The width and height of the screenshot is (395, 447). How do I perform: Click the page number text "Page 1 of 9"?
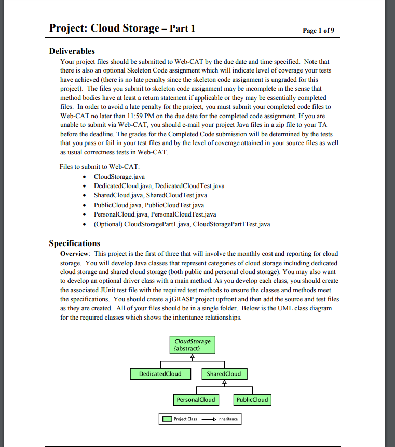point(318,31)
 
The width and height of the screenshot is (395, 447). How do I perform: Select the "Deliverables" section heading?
point(72,51)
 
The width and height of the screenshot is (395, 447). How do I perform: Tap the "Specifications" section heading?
point(74,243)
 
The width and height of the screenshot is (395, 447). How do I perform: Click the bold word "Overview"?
point(75,254)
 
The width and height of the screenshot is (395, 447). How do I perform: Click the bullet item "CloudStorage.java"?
point(119,177)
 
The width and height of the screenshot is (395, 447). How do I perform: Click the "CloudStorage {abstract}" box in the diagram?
point(193,344)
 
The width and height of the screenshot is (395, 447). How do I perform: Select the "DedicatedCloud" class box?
point(160,373)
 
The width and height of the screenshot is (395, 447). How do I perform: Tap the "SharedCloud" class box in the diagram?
point(224,373)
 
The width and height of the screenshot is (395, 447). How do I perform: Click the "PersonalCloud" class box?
point(196,400)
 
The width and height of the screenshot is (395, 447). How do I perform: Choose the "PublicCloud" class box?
point(252,400)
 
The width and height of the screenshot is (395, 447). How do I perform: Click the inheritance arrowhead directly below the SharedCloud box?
point(224,383)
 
